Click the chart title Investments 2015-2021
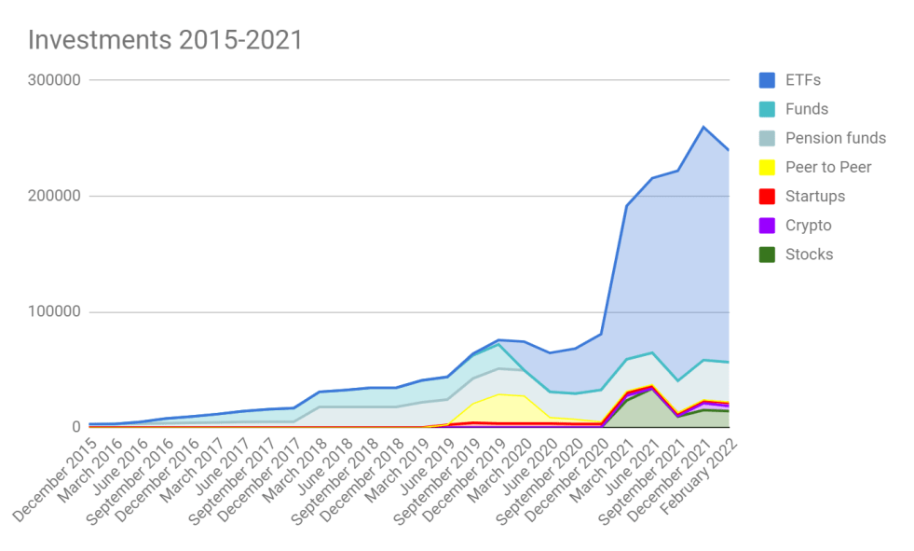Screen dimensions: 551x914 pos(165,40)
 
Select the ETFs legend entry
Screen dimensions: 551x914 pos(803,80)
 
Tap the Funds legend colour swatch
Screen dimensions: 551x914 pos(766,109)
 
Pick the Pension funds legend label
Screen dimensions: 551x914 pos(836,138)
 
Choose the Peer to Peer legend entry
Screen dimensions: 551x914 pos(828,167)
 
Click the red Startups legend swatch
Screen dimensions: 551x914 pos(766,196)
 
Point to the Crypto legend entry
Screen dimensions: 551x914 pos(808,225)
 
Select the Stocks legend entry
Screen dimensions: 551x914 pos(809,254)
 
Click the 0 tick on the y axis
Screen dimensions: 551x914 pos(77,427)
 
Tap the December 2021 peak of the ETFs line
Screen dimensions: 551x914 pos(703,127)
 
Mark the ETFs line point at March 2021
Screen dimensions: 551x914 pos(627,206)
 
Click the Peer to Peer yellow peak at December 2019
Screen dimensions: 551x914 pos(499,394)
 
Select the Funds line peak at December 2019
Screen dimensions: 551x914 pos(499,344)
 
